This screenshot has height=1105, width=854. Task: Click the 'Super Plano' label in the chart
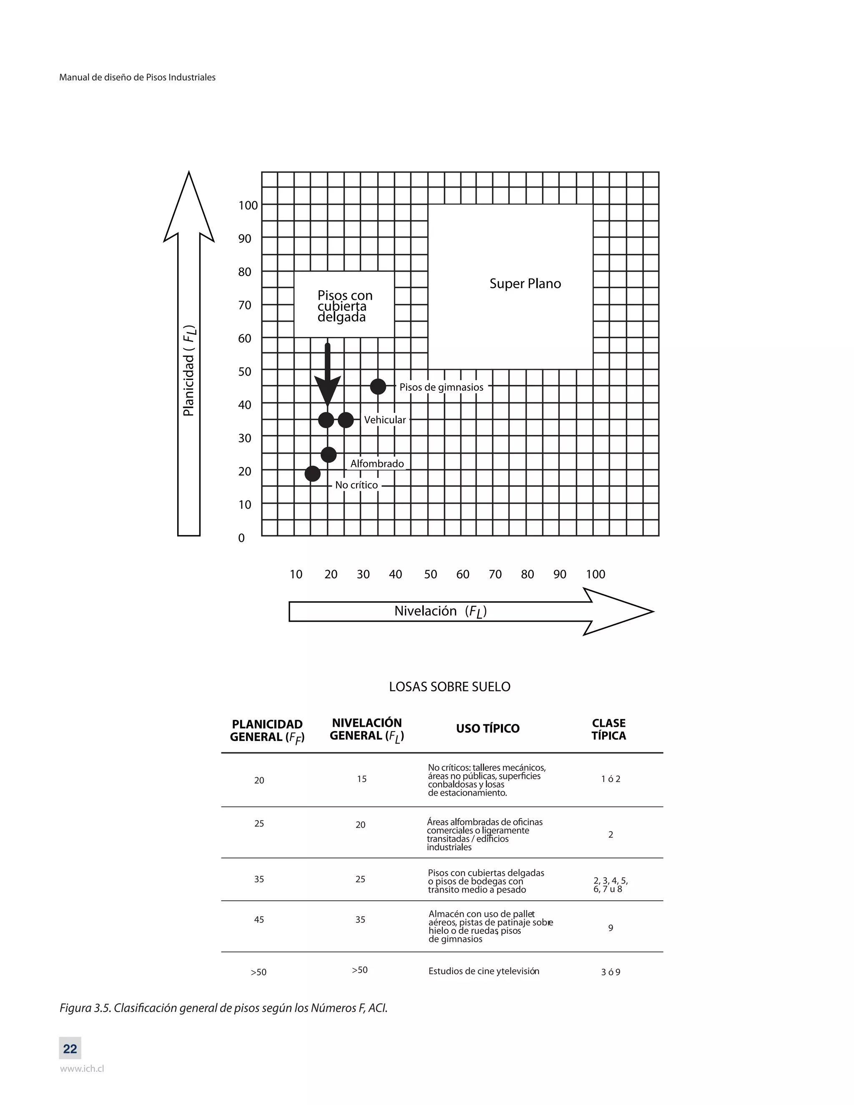click(525, 284)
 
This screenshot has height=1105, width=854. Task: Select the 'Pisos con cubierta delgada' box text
click(344, 306)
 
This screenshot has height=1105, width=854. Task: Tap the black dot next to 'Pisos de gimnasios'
click(378, 387)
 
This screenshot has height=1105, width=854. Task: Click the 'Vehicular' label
click(384, 420)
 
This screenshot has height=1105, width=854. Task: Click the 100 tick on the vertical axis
click(248, 206)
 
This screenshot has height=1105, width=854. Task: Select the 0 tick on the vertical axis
click(241, 538)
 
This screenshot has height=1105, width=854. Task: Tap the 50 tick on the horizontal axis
click(430, 574)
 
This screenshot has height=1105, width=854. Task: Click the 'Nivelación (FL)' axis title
click(440, 611)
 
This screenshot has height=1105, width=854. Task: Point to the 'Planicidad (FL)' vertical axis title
click(189, 370)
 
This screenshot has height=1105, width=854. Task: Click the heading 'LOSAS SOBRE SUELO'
click(449, 687)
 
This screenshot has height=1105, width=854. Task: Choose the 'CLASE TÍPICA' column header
click(609, 729)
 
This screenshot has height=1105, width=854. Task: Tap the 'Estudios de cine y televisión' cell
click(484, 971)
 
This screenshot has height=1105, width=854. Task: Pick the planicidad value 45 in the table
click(259, 920)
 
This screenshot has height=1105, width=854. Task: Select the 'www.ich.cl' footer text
click(82, 1069)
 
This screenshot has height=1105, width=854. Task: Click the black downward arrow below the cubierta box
click(327, 377)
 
